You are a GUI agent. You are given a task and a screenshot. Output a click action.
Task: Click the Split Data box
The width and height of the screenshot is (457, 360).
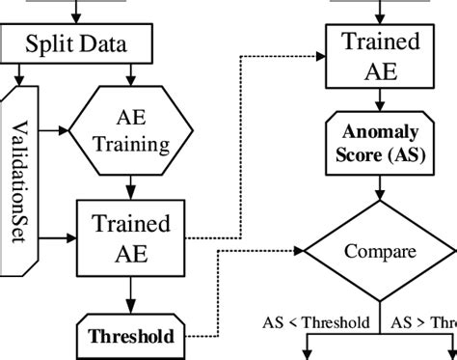(x=86, y=45)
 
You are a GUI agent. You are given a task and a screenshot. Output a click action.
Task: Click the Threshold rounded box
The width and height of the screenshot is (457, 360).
(x=132, y=337)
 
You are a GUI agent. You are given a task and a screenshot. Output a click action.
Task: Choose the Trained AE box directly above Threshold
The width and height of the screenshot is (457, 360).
(x=131, y=238)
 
